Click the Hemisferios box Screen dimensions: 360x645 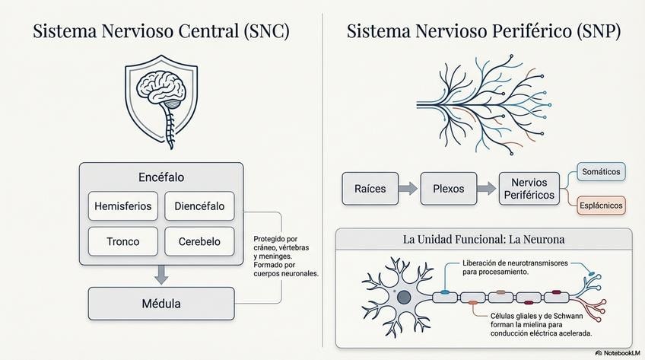point(123,205)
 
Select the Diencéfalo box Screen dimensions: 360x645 point(199,205)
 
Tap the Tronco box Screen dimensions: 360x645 point(123,241)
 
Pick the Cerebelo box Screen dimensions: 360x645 point(199,241)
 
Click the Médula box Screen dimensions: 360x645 point(161,304)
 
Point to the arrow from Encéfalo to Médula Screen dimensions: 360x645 point(161,275)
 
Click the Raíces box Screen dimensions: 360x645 point(370,188)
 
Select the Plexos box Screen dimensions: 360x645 point(448,188)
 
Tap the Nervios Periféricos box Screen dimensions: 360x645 point(529,189)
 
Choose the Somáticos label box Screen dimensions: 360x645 point(600,172)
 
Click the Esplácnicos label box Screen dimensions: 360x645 point(601,205)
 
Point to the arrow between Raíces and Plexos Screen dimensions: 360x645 point(409,188)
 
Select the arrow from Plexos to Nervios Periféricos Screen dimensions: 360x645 point(488,188)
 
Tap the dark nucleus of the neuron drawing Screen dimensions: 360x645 point(405,297)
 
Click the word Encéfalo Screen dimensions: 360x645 point(161,177)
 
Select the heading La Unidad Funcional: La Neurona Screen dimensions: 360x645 point(484,239)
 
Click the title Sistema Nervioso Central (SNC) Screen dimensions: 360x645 point(161,32)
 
